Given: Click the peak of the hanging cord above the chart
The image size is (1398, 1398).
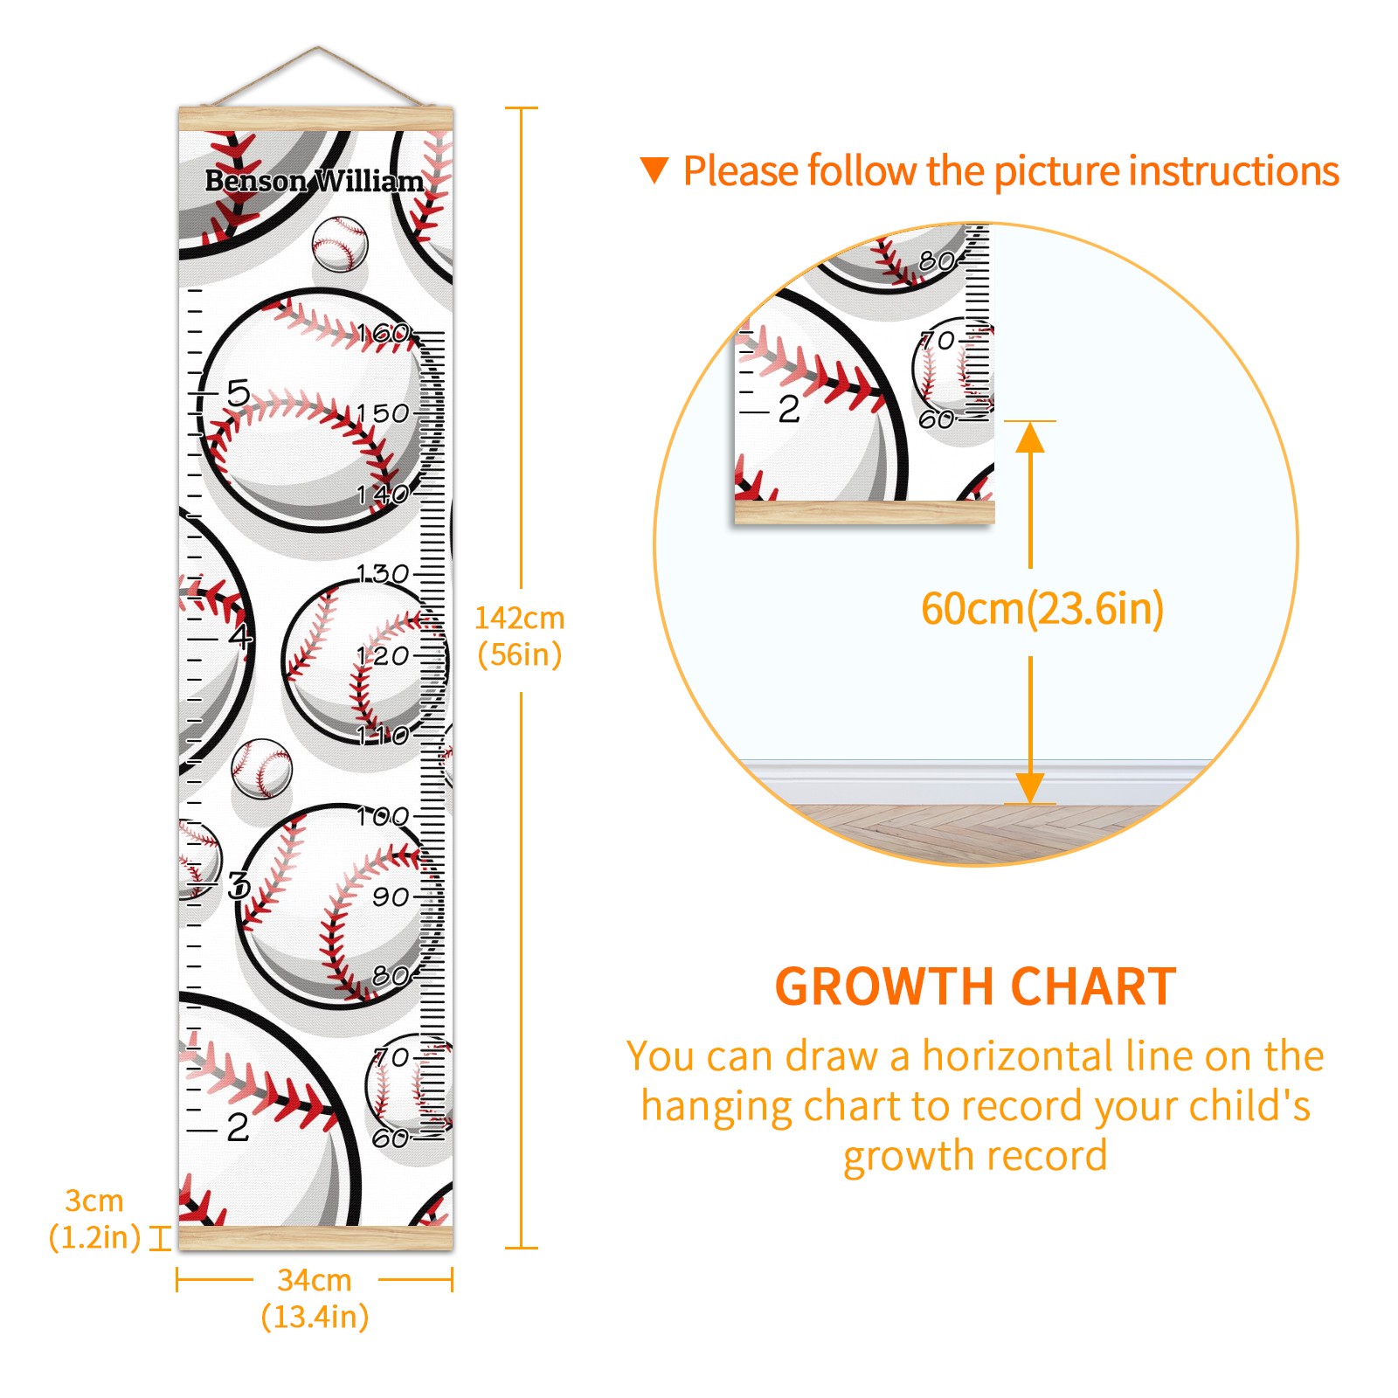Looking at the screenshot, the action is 318,47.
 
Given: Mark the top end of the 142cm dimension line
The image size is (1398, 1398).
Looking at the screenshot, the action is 522,108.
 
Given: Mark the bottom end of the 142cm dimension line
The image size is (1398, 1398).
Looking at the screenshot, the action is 522,1248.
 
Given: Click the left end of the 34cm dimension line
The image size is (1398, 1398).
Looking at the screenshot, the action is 177,1281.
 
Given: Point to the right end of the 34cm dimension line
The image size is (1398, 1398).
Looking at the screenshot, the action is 452,1281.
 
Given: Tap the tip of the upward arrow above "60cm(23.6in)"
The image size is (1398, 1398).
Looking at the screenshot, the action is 1030,423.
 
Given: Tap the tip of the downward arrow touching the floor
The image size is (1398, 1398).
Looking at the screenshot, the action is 1030,802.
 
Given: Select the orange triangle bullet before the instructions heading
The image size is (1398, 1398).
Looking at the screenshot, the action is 654,170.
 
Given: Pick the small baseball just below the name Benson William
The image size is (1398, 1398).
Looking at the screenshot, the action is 340,244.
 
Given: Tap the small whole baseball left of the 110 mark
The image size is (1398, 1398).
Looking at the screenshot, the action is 261,769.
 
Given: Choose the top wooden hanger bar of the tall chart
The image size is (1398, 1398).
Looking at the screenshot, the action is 316,119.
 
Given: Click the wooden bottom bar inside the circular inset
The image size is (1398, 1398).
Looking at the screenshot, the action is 864,512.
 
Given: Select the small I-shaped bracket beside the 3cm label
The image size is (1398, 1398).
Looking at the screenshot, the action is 160,1237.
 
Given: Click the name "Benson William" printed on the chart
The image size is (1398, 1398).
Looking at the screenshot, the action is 315,181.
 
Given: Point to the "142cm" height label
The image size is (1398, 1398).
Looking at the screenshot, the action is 520,618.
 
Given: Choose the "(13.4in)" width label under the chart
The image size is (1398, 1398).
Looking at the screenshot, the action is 315,1317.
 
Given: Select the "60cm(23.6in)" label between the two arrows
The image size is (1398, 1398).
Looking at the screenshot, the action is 1042,608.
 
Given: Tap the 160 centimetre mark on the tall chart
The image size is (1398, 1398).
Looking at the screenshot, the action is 384,333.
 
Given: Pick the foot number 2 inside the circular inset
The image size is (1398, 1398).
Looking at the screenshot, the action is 789,409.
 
